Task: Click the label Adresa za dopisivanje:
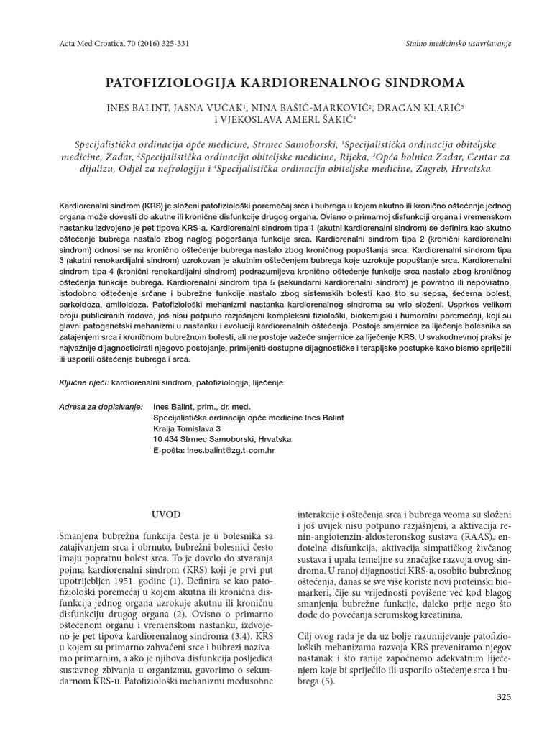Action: click(101, 406)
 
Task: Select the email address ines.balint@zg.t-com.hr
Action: click(231, 450)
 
